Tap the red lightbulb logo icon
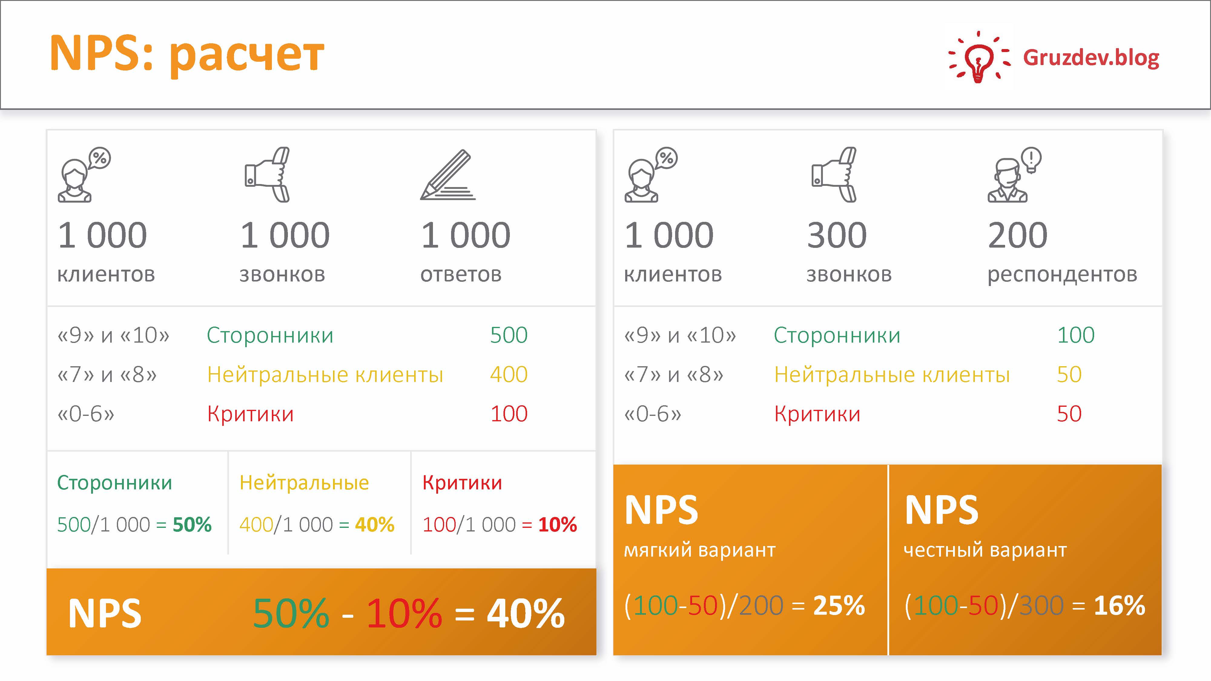tap(978, 57)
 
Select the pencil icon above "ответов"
tap(447, 175)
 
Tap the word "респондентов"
tap(1062, 275)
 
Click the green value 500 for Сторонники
tap(509, 335)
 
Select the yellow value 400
tap(509, 375)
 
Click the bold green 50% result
tap(192, 525)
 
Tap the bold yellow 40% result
tap(375, 525)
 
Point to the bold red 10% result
tap(558, 525)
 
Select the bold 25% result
tap(839, 605)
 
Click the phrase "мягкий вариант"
tap(700, 550)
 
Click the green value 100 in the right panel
tap(1076, 335)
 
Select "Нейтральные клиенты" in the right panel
tap(892, 375)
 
